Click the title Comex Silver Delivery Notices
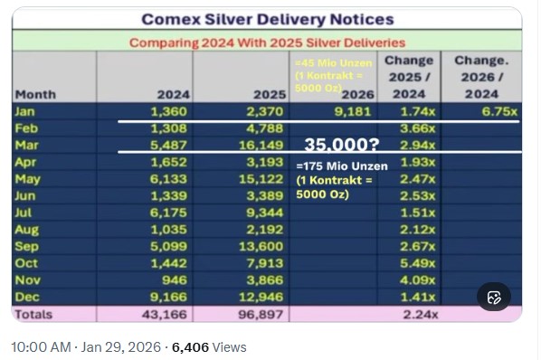268,19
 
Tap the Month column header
35,94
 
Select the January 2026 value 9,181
353,112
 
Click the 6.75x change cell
499,112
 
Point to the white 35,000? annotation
342,145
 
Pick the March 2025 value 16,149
261,145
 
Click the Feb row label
26,128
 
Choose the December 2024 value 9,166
168,297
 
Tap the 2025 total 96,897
261,315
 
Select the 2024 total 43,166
165,315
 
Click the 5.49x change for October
417,263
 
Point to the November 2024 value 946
175,280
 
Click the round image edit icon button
494,298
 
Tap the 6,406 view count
190,347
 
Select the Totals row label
33,315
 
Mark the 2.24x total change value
421,315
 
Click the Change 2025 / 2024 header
409,77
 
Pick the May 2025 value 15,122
261,179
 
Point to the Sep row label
26,246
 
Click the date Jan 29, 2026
120,347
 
